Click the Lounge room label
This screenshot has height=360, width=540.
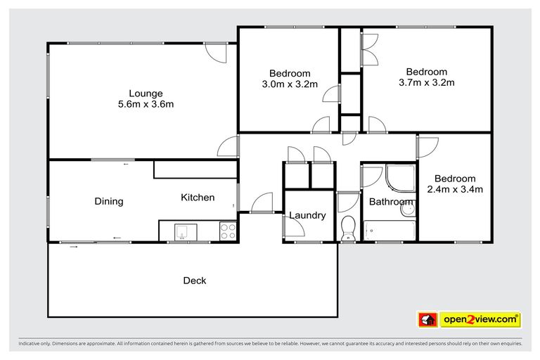tap(146, 94)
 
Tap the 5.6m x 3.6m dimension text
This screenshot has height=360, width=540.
tap(146, 105)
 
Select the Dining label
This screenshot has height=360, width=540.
tap(109, 202)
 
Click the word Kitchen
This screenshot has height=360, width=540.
tap(198, 198)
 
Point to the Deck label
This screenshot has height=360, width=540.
tap(195, 281)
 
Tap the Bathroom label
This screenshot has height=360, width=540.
tap(391, 202)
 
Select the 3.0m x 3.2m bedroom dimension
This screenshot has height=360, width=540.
tap(290, 84)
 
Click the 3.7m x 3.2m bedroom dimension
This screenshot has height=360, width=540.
tap(426, 82)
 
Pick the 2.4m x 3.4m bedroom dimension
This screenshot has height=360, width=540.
tap(454, 189)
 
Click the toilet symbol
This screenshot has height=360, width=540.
tap(347, 228)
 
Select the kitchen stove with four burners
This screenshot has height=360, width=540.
tap(228, 231)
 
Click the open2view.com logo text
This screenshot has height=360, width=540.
tap(481, 320)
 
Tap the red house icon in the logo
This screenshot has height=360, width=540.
tap(427, 320)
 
